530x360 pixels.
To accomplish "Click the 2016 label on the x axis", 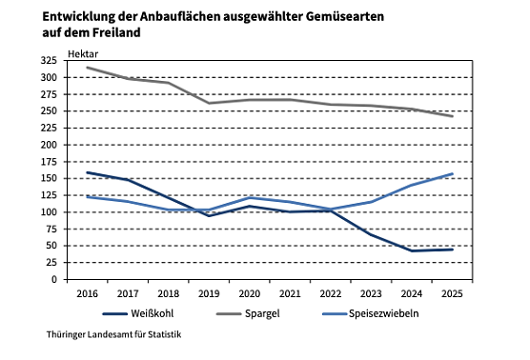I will click(x=87, y=294).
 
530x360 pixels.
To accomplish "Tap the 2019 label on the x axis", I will click(x=209, y=294).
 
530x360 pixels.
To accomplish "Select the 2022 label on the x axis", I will click(x=330, y=294).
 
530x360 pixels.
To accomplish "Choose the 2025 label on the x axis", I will click(x=452, y=294).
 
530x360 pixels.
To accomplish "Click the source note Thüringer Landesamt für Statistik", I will click(x=112, y=335).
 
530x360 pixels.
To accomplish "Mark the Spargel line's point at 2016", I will click(x=87, y=68).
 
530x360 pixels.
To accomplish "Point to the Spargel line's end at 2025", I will click(x=452, y=116).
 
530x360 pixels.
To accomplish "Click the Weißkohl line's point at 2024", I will click(x=411, y=250).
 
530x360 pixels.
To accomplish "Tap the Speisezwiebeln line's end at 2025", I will click(x=452, y=173).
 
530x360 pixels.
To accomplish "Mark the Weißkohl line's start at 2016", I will click(x=87, y=172).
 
